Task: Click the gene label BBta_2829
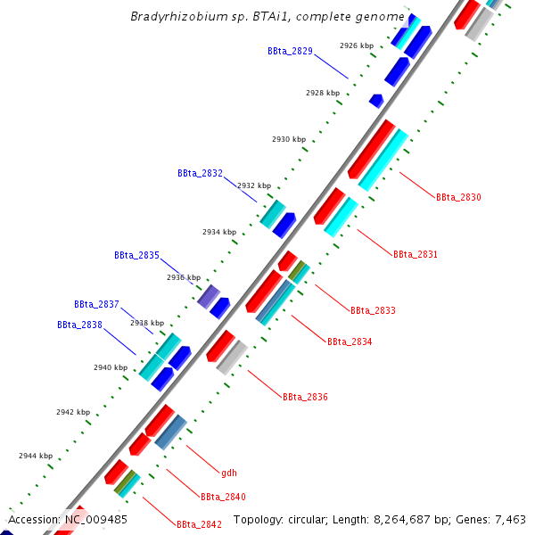290,51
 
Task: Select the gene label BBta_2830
458,197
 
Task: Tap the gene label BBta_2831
416,254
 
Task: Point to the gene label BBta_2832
200,173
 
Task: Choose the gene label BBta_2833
373,310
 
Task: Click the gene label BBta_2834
350,342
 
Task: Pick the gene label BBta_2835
136,255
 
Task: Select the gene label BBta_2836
305,397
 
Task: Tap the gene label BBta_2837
96,304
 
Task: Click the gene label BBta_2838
79,325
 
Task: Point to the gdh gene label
229,473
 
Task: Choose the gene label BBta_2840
223,497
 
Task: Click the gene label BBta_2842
199,524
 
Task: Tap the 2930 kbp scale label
289,139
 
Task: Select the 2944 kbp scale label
36,456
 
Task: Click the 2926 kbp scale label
357,45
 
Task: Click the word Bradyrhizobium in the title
171,16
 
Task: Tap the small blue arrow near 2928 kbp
376,101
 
